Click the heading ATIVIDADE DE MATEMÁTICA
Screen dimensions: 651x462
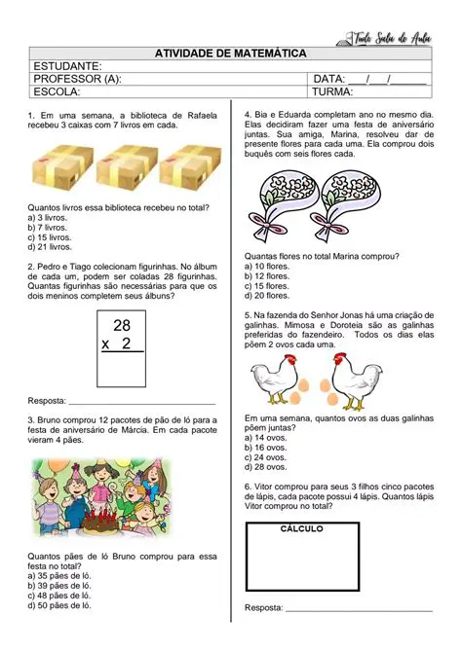point(230,53)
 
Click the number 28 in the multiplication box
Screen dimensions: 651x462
point(122,326)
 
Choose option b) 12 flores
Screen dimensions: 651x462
point(266,276)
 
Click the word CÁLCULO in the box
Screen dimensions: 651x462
point(301,530)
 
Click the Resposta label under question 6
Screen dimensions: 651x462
point(263,607)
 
